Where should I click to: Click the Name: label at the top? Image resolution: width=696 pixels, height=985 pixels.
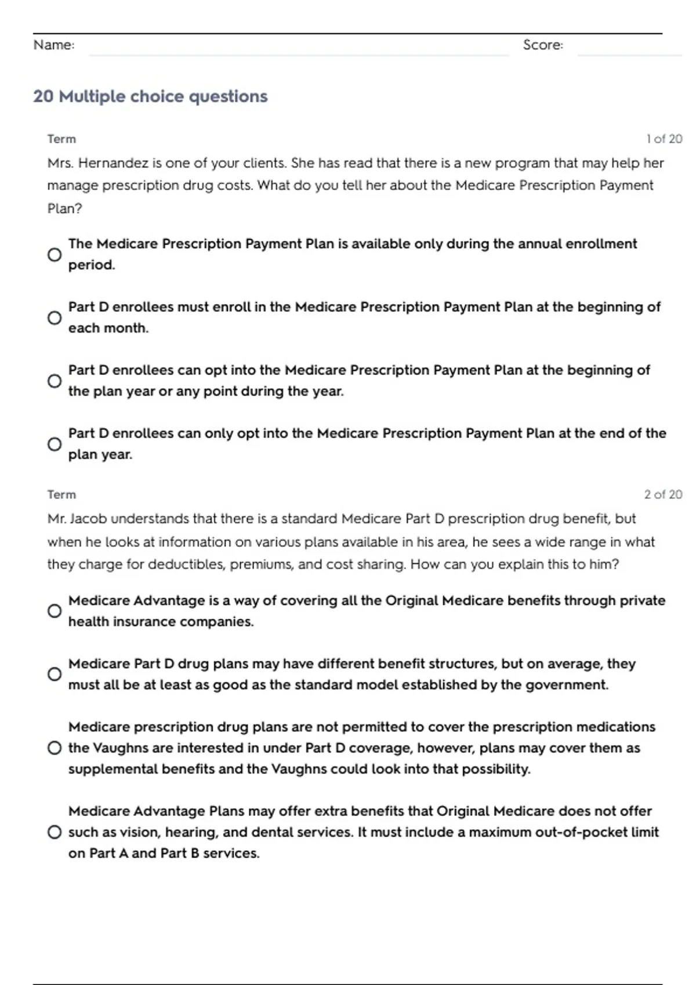(x=54, y=45)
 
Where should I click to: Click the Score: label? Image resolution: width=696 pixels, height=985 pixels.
(x=543, y=45)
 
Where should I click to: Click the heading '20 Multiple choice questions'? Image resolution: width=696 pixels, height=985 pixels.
(x=150, y=96)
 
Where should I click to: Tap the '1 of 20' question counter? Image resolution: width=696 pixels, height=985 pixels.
(x=664, y=139)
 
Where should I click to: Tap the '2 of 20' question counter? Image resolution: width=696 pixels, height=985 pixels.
(x=663, y=495)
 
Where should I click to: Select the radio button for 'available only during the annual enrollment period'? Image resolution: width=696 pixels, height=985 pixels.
(x=55, y=254)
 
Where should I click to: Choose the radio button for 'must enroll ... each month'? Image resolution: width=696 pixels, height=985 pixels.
(x=55, y=318)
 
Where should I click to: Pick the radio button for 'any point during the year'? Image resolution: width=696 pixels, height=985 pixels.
(x=55, y=381)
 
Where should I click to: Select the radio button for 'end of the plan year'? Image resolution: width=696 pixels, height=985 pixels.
(x=55, y=444)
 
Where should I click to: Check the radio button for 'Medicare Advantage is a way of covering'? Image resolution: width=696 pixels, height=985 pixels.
(x=55, y=611)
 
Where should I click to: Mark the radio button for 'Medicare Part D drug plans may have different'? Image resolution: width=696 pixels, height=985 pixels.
(x=55, y=674)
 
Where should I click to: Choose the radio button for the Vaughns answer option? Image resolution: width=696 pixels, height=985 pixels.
(x=55, y=748)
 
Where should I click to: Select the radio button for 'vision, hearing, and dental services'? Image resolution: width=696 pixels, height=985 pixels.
(x=55, y=832)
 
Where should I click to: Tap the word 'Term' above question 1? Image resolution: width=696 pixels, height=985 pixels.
(x=61, y=139)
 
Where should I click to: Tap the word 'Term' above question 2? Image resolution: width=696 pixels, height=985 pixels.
(x=61, y=495)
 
